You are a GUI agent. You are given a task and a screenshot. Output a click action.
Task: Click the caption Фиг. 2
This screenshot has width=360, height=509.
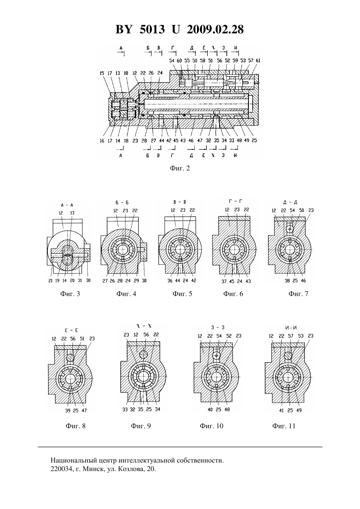[x=180, y=168]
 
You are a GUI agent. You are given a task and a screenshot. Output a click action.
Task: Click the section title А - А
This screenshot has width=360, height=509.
[x=67, y=205]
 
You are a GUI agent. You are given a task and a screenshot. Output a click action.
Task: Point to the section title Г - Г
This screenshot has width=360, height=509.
[x=235, y=201]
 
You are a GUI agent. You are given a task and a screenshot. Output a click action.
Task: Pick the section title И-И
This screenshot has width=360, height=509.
[x=291, y=328]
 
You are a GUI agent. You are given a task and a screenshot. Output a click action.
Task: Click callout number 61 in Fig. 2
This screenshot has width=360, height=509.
[x=258, y=61]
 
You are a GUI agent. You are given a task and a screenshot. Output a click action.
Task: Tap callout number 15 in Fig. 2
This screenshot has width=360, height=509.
[x=102, y=73]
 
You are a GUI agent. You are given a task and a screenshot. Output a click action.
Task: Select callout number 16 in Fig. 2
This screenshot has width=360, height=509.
[x=102, y=141]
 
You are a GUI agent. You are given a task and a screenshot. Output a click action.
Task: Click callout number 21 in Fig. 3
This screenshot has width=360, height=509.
[x=50, y=281]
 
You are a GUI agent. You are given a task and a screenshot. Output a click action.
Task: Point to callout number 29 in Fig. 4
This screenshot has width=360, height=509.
[x=136, y=281]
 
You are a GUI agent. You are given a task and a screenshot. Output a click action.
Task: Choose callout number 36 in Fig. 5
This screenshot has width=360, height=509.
[x=170, y=281]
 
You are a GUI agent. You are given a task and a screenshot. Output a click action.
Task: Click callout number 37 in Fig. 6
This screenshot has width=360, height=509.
[x=224, y=282]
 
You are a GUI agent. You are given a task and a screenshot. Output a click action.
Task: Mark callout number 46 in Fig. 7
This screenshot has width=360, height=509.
[x=303, y=281]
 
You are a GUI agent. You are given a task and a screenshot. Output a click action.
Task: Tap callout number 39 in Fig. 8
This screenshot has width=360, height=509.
[x=68, y=411]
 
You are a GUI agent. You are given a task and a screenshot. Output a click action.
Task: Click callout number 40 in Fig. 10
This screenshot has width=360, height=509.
[x=210, y=410]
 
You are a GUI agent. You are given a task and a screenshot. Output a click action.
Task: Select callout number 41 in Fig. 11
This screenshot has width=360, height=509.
[x=281, y=411]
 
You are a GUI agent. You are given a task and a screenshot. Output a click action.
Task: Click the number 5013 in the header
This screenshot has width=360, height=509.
[x=152, y=29]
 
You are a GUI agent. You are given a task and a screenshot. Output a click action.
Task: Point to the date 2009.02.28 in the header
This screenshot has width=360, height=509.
[x=215, y=29]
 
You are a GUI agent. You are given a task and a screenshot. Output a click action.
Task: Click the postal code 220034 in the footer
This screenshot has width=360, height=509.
[x=61, y=469]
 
